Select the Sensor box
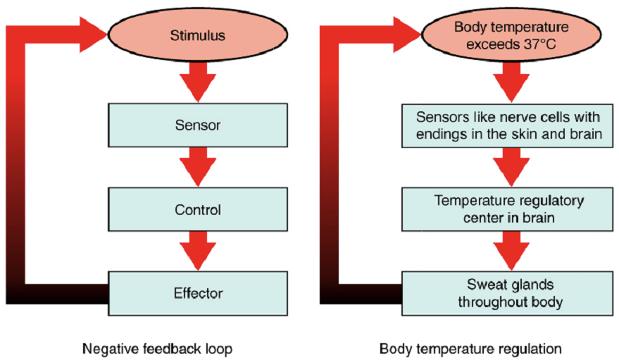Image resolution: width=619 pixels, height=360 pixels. (197, 125)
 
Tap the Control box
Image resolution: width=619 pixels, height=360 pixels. (197, 209)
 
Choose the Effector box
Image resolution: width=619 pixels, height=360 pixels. (197, 292)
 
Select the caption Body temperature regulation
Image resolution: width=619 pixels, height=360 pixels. (470, 348)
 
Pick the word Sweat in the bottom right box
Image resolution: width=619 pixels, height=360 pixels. (484, 285)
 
